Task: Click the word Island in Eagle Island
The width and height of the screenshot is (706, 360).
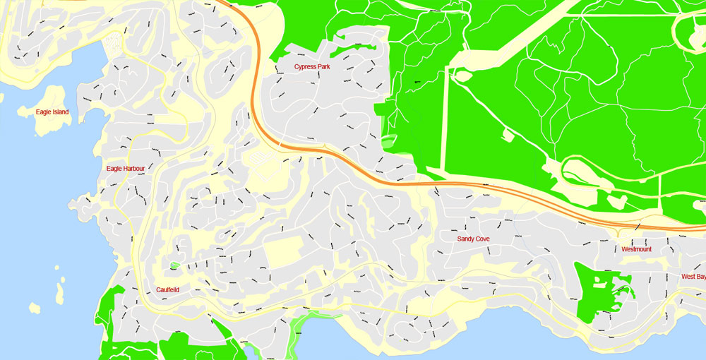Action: tap(61, 112)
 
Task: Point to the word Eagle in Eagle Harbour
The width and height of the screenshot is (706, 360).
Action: tap(114, 169)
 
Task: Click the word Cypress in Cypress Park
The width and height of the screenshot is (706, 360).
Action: tap(306, 67)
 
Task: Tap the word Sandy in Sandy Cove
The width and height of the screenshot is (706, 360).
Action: tap(466, 239)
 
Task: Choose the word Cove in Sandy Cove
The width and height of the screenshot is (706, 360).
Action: tap(483, 239)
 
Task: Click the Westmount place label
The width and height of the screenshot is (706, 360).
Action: tap(636, 249)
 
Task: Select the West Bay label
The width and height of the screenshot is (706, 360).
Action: tap(692, 277)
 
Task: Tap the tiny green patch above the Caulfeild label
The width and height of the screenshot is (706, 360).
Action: tap(174, 266)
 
